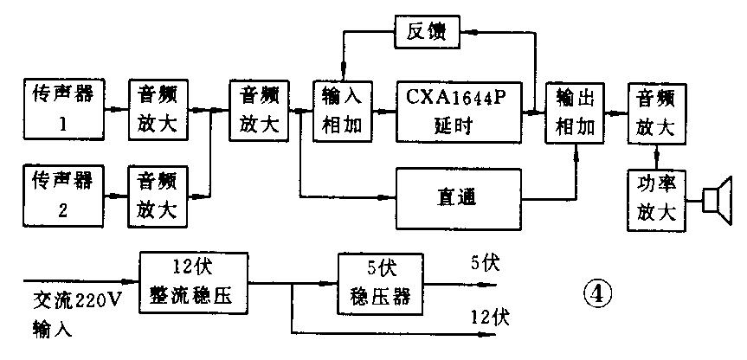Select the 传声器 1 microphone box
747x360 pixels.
click(61, 110)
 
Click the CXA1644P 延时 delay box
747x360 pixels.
click(460, 110)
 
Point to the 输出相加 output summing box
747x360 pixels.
click(574, 112)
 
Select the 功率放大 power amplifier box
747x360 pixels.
click(656, 200)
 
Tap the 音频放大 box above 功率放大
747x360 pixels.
click(656, 112)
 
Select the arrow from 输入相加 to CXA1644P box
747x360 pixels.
click(385, 112)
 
